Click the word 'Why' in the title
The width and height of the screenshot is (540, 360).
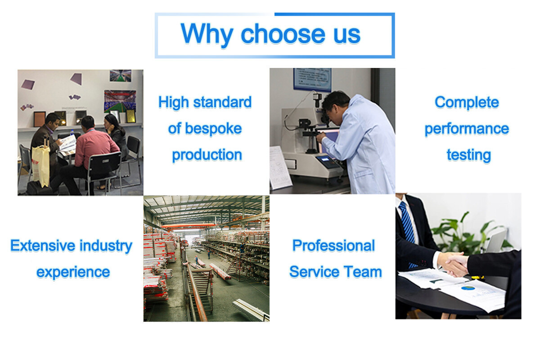click(x=207, y=34)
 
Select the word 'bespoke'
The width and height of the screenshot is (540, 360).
click(x=213, y=129)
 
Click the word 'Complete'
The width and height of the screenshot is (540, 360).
click(x=467, y=103)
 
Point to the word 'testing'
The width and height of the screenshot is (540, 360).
click(x=468, y=155)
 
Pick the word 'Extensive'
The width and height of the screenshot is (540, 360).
click(x=43, y=246)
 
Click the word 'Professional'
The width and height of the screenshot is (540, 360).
click(x=333, y=246)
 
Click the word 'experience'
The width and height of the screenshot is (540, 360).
click(x=73, y=273)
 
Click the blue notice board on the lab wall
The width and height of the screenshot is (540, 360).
click(x=312, y=79)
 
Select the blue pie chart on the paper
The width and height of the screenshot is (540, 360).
click(x=468, y=288)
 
